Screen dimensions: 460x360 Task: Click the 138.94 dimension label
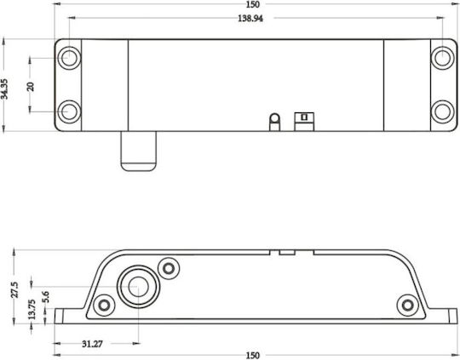(x=250, y=19)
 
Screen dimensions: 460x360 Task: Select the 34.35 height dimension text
(x=5, y=89)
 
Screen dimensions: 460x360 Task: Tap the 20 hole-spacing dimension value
(x=31, y=87)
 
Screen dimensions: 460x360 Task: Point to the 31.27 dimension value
(x=92, y=344)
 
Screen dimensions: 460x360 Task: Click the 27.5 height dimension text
(x=14, y=289)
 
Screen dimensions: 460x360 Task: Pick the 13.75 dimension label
(x=32, y=309)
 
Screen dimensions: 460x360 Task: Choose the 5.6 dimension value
(x=45, y=297)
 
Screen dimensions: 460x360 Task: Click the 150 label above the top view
(x=253, y=4)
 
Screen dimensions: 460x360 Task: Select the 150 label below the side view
(x=253, y=356)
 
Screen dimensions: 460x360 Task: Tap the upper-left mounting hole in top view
(x=69, y=58)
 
